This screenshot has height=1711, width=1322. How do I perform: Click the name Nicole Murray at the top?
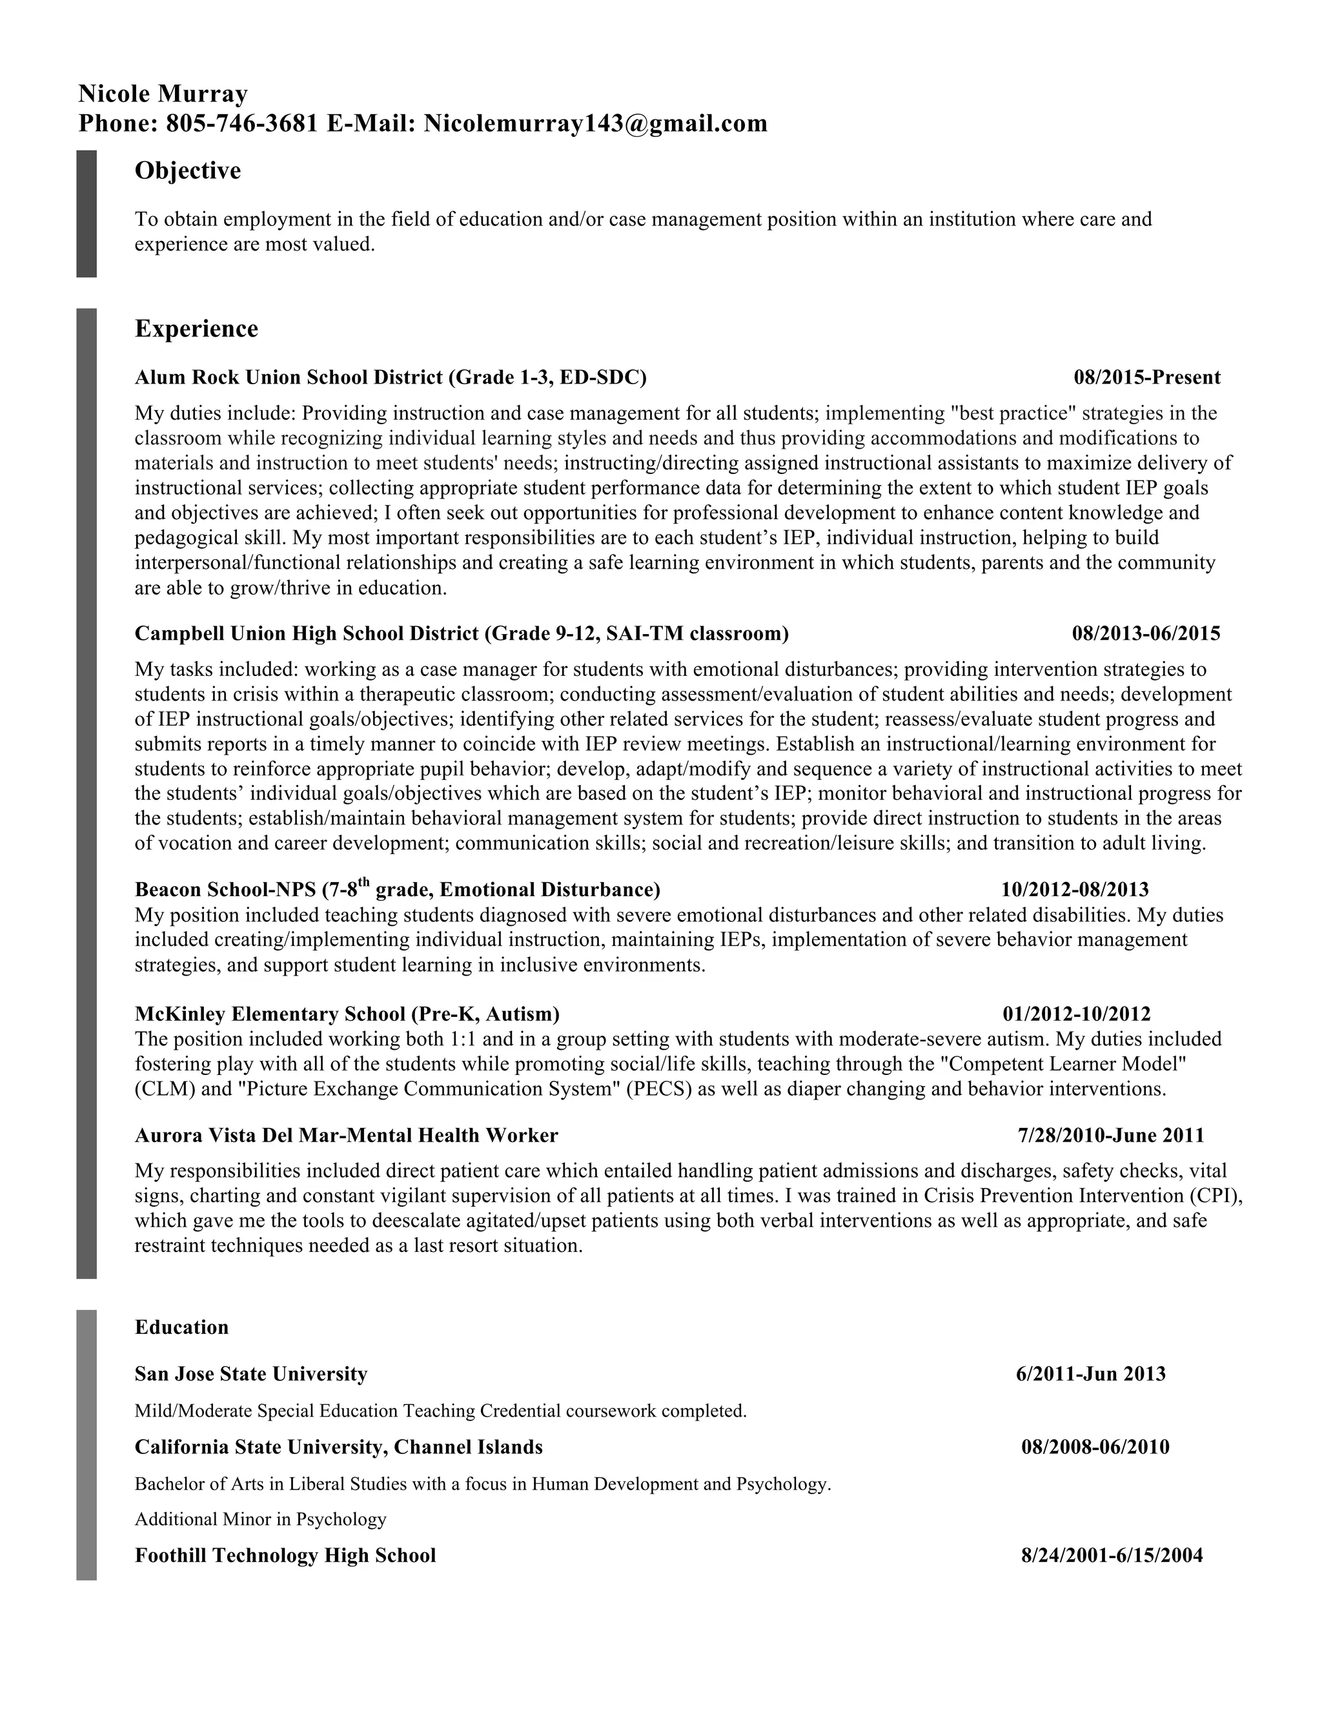click(163, 94)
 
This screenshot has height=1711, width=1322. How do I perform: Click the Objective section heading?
click(188, 171)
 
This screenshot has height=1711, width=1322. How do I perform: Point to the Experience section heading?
click(197, 329)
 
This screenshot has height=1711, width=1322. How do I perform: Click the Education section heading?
click(181, 1327)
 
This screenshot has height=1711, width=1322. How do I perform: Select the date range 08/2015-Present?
click(1146, 378)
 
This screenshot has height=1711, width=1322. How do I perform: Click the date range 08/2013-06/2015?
click(1146, 634)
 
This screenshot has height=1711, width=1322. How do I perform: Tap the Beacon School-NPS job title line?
click(397, 889)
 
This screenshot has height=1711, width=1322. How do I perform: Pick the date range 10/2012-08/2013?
click(1075, 889)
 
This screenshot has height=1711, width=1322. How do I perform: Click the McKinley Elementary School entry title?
click(347, 1014)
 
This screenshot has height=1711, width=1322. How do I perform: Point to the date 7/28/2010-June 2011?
click(1110, 1135)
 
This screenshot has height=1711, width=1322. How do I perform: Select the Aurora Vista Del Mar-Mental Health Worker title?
click(346, 1135)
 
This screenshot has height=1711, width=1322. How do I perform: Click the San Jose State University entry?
click(250, 1374)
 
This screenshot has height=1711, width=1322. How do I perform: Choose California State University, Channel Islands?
click(338, 1447)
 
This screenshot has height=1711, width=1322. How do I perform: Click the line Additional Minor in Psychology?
click(261, 1519)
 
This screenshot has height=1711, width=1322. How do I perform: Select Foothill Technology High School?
click(285, 1555)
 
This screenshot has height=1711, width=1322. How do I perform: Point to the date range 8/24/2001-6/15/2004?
click(1112, 1555)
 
